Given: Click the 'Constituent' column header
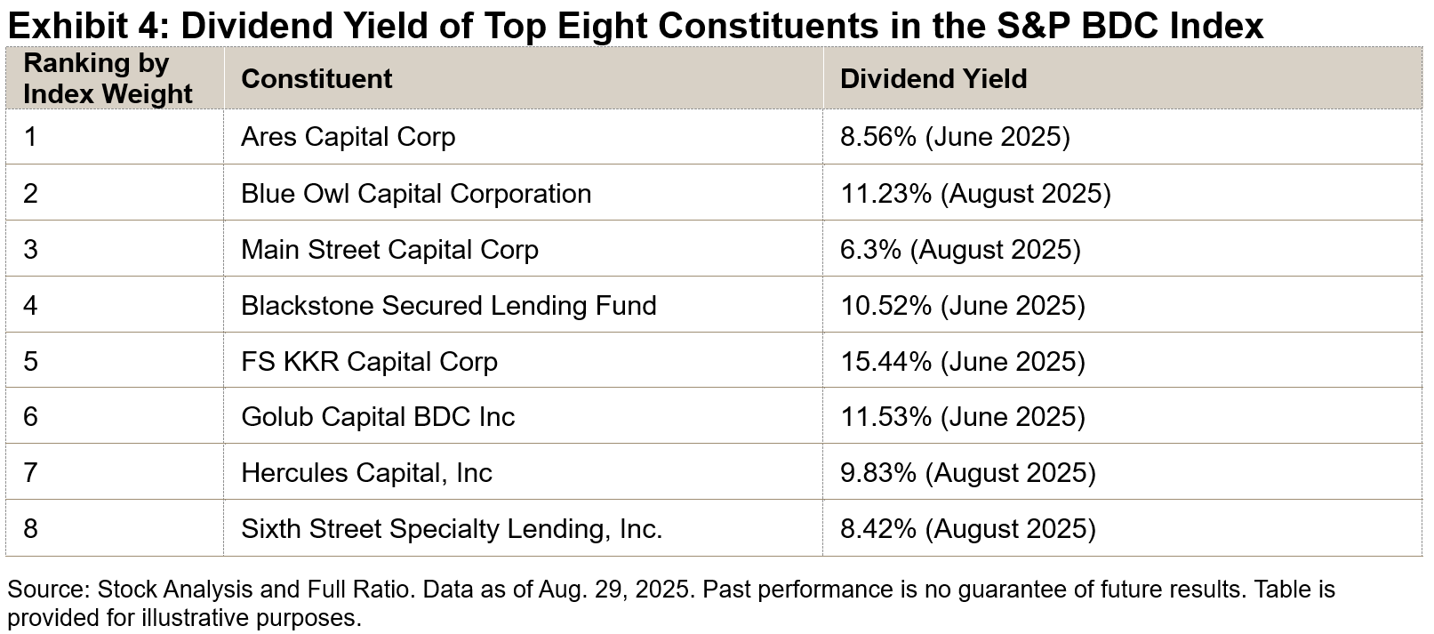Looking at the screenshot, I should click(316, 79).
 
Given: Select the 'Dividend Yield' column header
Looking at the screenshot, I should click(933, 79).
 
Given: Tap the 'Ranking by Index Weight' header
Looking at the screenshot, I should click(108, 79).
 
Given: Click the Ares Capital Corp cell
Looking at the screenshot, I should click(348, 137).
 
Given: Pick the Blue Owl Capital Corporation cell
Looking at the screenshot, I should click(416, 194).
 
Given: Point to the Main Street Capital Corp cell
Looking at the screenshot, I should click(389, 250).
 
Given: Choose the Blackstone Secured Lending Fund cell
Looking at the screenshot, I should click(448, 306).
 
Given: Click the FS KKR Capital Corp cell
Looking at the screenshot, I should click(369, 362).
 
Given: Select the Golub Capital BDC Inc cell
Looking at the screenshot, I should click(378, 417).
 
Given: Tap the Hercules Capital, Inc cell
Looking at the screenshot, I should click(366, 473).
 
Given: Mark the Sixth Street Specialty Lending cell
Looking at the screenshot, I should click(452, 529).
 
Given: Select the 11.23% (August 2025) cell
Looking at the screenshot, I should click(975, 194).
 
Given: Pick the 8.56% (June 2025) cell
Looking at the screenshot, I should click(955, 137).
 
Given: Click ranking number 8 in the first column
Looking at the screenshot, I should click(30, 529).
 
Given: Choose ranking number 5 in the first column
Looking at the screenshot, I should click(30, 362).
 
